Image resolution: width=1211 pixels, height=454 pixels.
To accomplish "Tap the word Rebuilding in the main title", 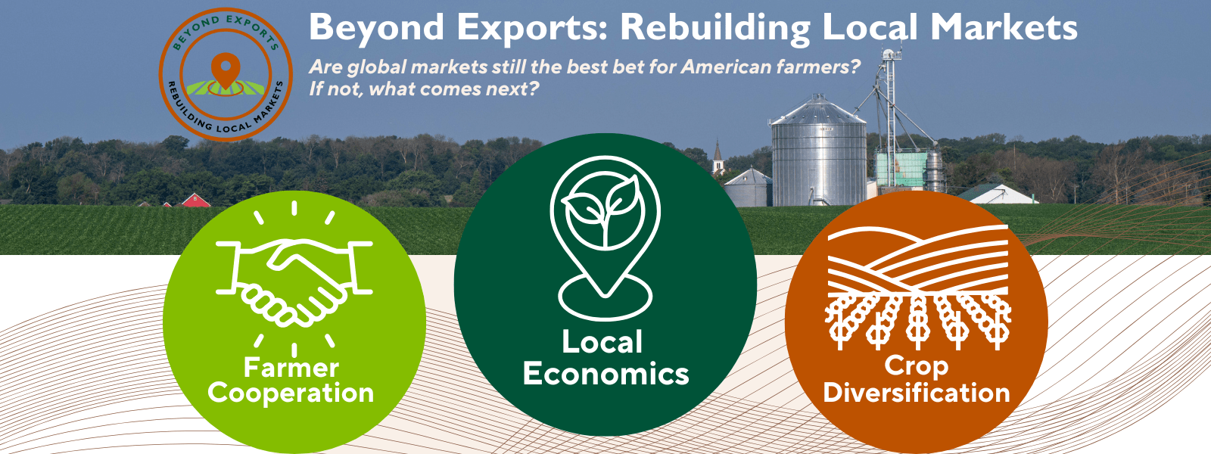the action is pyautogui.click(x=714, y=28).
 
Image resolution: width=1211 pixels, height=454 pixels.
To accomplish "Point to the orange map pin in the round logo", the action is pyautogui.click(x=226, y=70).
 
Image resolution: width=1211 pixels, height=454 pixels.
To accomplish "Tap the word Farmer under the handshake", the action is pyautogui.click(x=291, y=368).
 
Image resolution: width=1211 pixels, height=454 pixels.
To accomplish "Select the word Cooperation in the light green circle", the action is pyautogui.click(x=291, y=393).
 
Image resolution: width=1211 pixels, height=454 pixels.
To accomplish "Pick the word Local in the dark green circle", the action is pyautogui.click(x=602, y=342).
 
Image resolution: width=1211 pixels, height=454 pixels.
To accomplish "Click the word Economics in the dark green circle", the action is pyautogui.click(x=605, y=374).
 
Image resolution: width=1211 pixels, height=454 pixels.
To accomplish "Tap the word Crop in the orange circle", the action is pyautogui.click(x=917, y=366).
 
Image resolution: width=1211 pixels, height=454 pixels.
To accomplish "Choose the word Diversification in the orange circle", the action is pyautogui.click(x=917, y=393).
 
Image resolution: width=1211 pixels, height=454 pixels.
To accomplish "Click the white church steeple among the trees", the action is pyautogui.click(x=718, y=157).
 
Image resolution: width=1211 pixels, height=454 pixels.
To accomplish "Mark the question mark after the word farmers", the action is pyautogui.click(x=854, y=67).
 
